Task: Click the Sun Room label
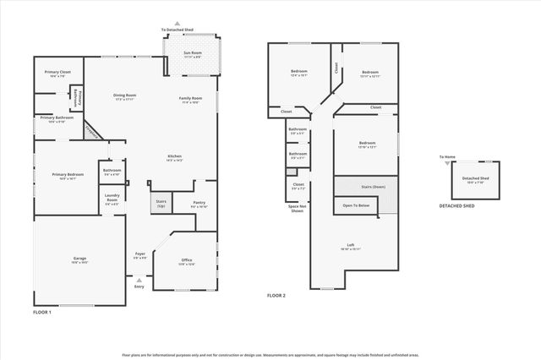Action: [x=193, y=55]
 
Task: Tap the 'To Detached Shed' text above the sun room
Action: [x=177, y=30]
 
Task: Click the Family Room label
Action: [x=189, y=100]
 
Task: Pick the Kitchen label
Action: [x=174, y=158]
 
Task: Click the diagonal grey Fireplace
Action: [x=92, y=133]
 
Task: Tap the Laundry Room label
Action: [x=112, y=199]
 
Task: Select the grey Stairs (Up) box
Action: [x=160, y=204]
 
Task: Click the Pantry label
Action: [x=199, y=204]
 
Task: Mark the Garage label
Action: [x=79, y=259]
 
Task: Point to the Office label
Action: [x=187, y=262]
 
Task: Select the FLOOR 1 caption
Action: [x=42, y=313]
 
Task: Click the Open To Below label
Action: [x=356, y=205]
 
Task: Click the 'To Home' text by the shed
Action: [x=447, y=157]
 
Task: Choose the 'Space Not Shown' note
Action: [x=296, y=209]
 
